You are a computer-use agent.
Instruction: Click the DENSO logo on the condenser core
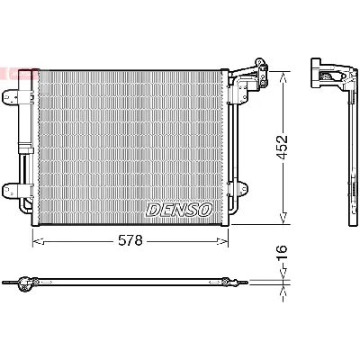178,209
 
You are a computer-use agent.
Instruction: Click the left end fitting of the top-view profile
24,285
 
